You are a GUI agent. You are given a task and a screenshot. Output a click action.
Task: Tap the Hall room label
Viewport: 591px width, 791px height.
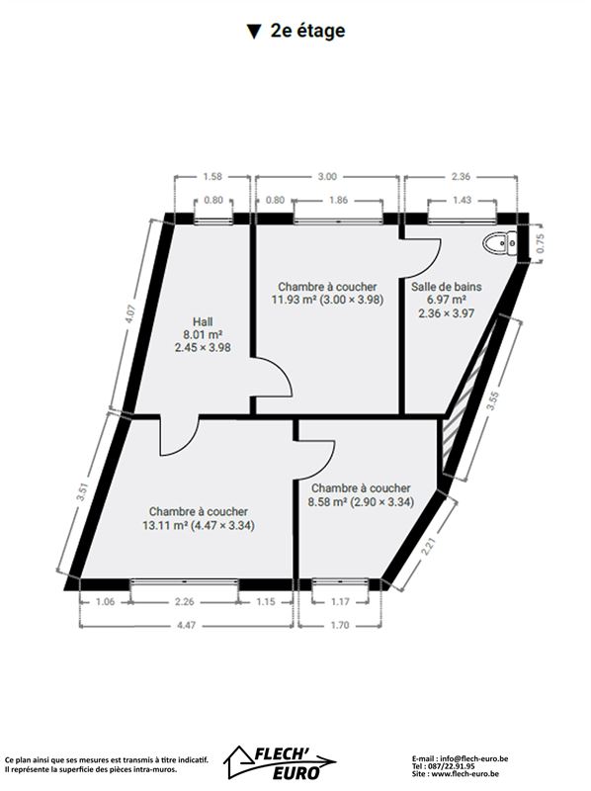pyautogui.click(x=203, y=321)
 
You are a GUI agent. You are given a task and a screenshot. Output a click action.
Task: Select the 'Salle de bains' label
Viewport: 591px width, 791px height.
pyautogui.click(x=447, y=287)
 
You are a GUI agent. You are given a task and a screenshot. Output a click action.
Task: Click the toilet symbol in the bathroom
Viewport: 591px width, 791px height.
pyautogui.click(x=500, y=243)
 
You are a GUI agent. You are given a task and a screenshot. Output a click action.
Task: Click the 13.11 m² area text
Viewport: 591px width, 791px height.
pyautogui.click(x=165, y=525)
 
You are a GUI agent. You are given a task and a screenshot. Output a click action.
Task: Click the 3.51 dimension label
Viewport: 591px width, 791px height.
pyautogui.click(x=82, y=491)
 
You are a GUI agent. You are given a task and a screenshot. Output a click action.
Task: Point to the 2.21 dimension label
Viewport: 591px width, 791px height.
pyautogui.click(x=427, y=546)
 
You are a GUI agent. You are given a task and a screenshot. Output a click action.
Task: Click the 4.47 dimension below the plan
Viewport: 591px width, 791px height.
pyautogui.click(x=186, y=625)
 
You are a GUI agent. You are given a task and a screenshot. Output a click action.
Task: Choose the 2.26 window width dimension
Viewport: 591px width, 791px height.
pyautogui.click(x=185, y=601)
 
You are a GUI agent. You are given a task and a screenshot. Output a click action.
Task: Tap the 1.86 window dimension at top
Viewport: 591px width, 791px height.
pyautogui.click(x=338, y=200)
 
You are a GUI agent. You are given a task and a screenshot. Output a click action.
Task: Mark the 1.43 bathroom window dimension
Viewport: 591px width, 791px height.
pyautogui.click(x=462, y=200)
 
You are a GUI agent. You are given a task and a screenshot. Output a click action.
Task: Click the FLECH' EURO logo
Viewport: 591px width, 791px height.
pyautogui.click(x=280, y=761)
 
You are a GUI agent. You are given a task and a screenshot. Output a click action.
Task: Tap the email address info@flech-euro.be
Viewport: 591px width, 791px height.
pyautogui.click(x=473, y=758)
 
